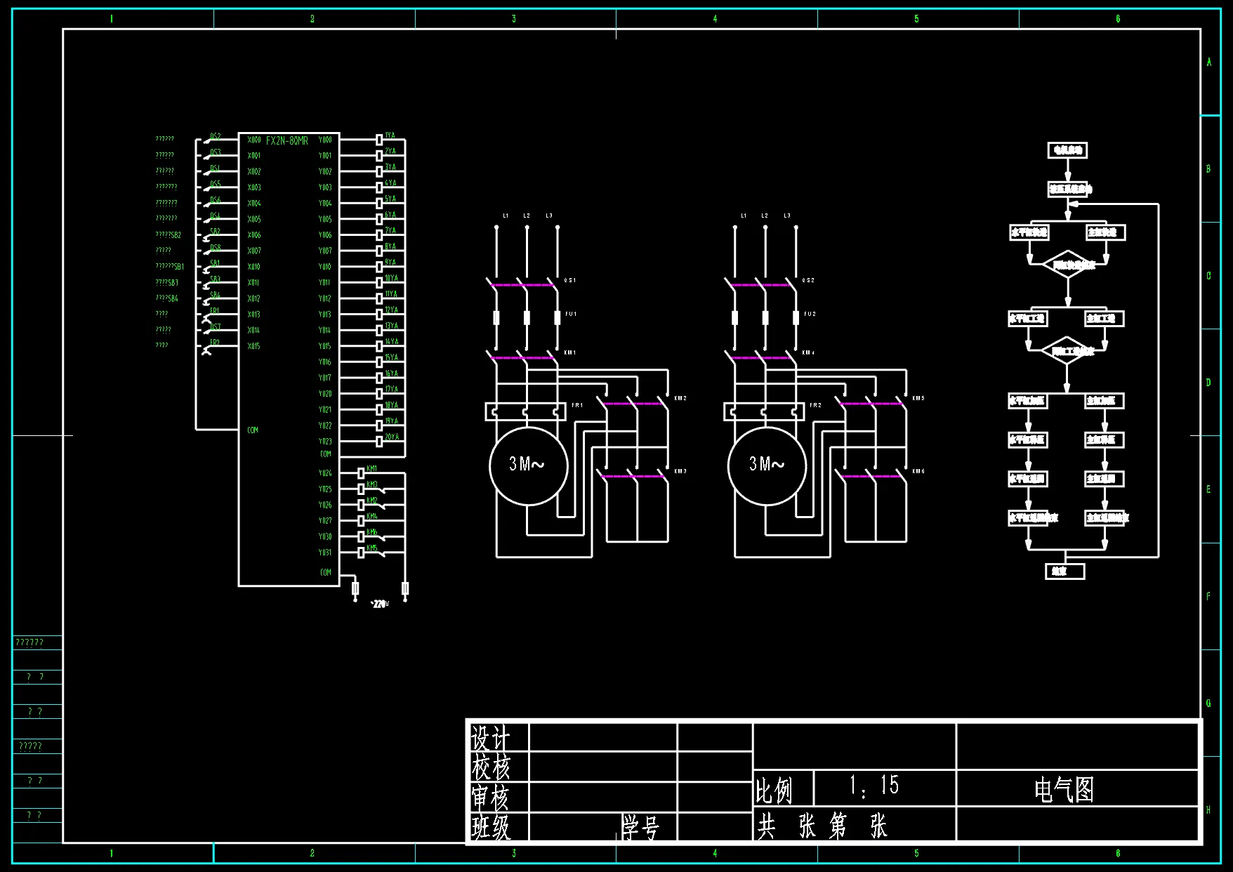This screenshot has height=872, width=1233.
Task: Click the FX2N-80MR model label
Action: pyautogui.click(x=286, y=141)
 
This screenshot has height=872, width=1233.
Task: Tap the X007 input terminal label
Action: pyautogui.click(x=254, y=251)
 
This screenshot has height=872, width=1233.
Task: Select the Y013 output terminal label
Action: pyautogui.click(x=324, y=315)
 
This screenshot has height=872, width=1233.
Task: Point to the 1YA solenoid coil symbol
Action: pyautogui.click(x=379, y=140)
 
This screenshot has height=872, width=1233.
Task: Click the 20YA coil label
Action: pyautogui.click(x=392, y=437)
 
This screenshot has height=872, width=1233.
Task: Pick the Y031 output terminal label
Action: pyautogui.click(x=325, y=553)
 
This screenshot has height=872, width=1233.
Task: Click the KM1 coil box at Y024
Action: pyautogui.click(x=361, y=473)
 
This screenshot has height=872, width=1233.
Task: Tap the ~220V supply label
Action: pyautogui.click(x=379, y=604)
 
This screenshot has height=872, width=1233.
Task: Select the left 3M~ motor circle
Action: pyautogui.click(x=527, y=465)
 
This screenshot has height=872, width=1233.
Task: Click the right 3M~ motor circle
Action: pyautogui.click(x=766, y=465)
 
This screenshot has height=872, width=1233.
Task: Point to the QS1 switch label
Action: pyautogui.click(x=570, y=280)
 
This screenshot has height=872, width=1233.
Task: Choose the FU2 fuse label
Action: pyautogui.click(x=810, y=314)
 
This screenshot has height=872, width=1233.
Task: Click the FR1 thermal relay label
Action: pyautogui.click(x=577, y=405)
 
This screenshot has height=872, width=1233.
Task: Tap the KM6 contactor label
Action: pyautogui.click(x=918, y=471)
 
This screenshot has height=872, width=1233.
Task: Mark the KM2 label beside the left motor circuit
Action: pyautogui.click(x=680, y=398)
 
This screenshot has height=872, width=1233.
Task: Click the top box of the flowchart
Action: pyautogui.click(x=1067, y=150)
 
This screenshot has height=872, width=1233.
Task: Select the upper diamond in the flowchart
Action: pyautogui.click(x=1068, y=265)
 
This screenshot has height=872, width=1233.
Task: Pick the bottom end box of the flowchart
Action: pyautogui.click(x=1064, y=572)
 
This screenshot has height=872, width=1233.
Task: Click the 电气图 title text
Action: pyautogui.click(x=1064, y=790)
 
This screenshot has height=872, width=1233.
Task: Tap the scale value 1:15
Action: pyautogui.click(x=873, y=786)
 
